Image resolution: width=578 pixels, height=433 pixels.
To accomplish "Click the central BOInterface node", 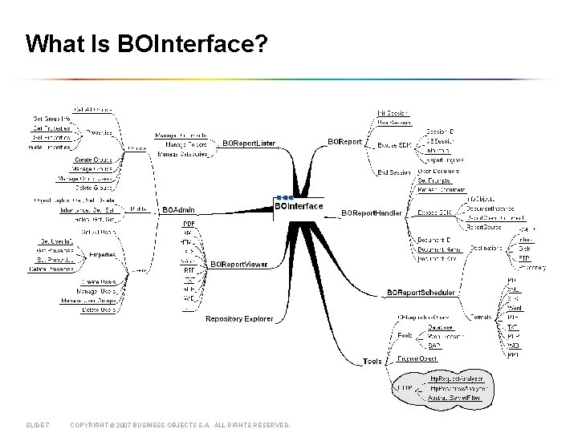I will tap(299, 206).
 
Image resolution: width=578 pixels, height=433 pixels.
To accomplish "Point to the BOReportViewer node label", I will tap(238, 265).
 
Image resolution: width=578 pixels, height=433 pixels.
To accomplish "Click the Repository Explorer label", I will tap(239, 319).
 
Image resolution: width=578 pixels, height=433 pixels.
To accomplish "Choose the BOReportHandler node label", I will tap(373, 212).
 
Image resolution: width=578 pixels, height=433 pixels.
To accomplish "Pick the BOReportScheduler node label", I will tap(421, 293).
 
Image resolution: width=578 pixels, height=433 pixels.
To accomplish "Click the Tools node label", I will tap(372, 362).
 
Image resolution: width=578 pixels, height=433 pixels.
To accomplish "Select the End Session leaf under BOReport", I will tap(393, 172).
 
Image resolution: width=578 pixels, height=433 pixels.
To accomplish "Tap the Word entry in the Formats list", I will tap(515, 309).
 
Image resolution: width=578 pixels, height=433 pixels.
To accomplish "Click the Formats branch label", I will tap(481, 318).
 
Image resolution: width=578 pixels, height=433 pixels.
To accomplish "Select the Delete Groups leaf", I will tap(96, 188).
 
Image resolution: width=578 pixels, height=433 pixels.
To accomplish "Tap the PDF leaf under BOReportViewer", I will tap(189, 224).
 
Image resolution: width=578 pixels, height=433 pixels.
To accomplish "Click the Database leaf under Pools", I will tap(440, 327).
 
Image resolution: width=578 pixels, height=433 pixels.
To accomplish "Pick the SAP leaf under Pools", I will tap(433, 346).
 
